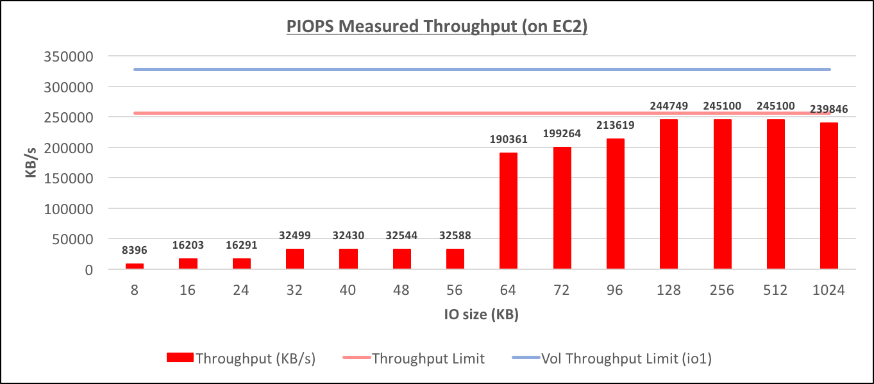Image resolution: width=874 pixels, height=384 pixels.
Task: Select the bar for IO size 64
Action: (x=508, y=211)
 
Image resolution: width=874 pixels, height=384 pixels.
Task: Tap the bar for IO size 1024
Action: (x=829, y=196)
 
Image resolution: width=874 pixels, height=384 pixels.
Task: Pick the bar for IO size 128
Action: (x=669, y=194)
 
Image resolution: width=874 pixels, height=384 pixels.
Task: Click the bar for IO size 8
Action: (x=135, y=265)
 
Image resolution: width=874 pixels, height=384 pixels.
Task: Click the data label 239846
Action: (x=829, y=110)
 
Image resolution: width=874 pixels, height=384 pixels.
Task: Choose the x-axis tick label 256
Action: (x=722, y=290)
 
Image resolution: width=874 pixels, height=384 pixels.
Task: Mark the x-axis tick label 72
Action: (x=562, y=290)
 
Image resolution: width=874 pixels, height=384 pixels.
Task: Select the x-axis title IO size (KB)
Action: (x=482, y=315)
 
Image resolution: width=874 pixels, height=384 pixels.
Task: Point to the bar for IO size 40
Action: (x=348, y=259)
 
